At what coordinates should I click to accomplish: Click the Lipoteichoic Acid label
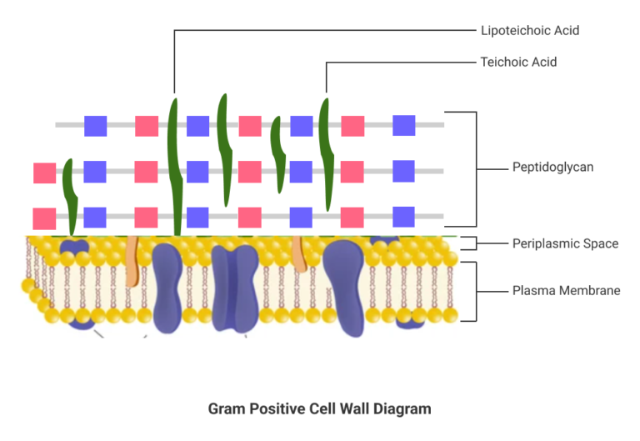530,31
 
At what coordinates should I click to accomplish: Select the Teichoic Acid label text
518,62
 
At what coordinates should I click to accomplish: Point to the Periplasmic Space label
565,243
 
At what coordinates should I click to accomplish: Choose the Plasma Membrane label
566,290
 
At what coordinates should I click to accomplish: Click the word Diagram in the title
403,408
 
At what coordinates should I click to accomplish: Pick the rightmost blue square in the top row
404,125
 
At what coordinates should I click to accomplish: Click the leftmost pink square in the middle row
44,173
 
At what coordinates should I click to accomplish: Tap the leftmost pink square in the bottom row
44,218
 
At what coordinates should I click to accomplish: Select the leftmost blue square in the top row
96,126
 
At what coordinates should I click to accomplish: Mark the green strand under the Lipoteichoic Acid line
174,167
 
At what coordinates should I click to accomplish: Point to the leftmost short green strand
70,196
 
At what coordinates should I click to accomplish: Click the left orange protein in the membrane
132,267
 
